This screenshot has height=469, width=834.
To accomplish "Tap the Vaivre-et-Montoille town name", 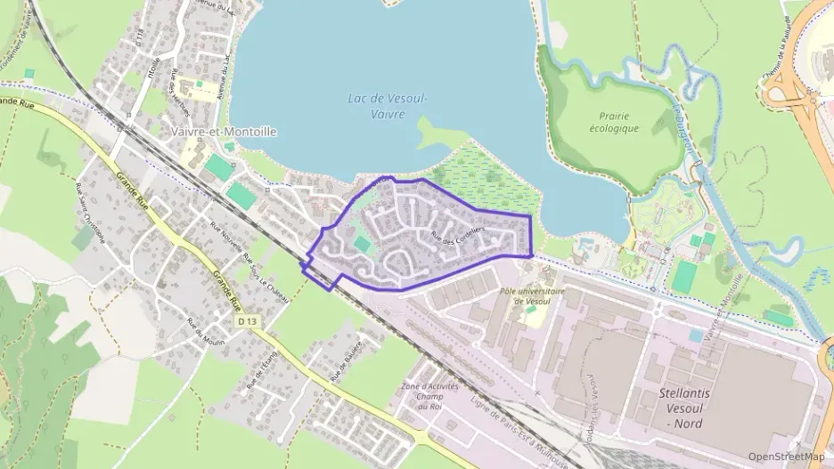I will [x=222, y=132].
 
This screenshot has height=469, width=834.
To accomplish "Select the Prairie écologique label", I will [x=614, y=122].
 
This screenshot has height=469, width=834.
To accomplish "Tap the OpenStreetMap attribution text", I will [x=786, y=457].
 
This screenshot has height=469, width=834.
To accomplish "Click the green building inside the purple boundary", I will [x=362, y=243].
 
